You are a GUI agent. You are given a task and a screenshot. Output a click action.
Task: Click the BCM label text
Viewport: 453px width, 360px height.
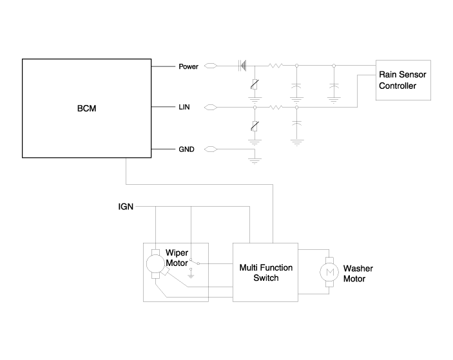tap(86, 109)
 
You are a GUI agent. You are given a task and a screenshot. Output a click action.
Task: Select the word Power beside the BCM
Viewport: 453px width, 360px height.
tap(189, 66)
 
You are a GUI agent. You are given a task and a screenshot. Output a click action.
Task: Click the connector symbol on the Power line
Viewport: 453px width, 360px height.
tap(211, 66)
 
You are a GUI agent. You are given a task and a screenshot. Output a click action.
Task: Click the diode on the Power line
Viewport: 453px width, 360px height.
tap(244, 66)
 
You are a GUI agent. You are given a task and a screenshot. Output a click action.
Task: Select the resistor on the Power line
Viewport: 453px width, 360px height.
tap(276, 66)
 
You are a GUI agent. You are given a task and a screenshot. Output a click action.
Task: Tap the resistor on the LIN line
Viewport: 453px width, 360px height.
tap(276, 108)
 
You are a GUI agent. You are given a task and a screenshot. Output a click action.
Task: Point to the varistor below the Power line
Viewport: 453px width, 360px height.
tap(256, 84)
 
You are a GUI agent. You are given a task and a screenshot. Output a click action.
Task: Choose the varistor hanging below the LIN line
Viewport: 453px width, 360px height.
tap(256, 126)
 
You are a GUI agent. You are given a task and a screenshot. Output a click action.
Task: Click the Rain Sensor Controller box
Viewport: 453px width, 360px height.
tap(403, 81)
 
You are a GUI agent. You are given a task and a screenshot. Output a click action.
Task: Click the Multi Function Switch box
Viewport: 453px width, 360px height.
tap(265, 272)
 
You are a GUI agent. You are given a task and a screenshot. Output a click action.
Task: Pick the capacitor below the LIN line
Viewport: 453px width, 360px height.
tap(296, 122)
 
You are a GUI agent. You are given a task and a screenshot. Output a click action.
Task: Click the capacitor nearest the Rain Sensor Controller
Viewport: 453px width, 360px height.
tap(333, 85)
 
